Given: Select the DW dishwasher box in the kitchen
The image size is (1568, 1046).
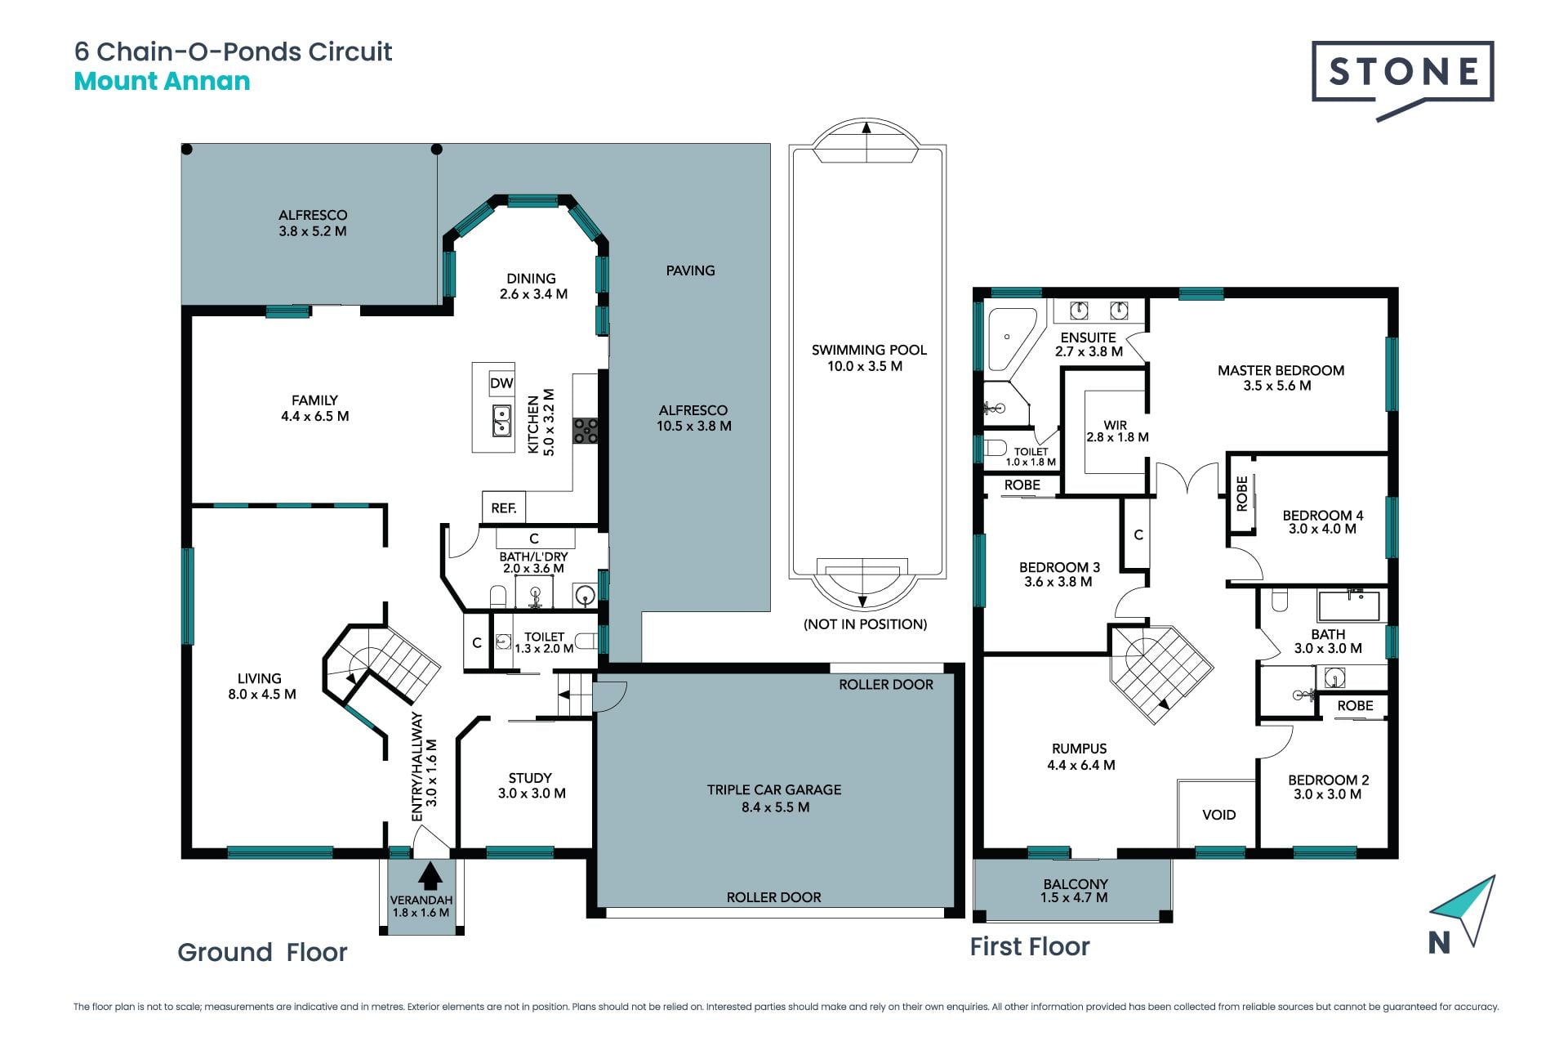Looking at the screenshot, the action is click(x=501, y=383).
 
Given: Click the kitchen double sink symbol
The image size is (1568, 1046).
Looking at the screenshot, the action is click(x=501, y=422).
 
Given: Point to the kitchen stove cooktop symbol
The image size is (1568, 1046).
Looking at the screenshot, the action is click(x=586, y=431).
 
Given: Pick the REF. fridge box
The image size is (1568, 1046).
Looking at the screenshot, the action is click(x=503, y=507).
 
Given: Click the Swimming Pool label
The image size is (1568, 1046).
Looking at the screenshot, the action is click(x=868, y=358).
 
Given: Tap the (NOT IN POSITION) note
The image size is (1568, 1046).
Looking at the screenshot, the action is click(x=865, y=624).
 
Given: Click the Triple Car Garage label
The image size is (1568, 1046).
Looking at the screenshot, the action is click(x=774, y=798).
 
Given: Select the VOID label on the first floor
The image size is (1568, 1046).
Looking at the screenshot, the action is click(x=1218, y=815).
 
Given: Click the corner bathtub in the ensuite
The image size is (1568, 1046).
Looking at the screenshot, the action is click(x=1012, y=338).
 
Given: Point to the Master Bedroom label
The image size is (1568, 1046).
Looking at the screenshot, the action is click(x=1281, y=378).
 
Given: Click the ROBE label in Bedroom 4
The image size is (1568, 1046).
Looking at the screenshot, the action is click(x=1242, y=494).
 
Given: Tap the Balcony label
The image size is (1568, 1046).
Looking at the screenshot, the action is click(x=1075, y=890).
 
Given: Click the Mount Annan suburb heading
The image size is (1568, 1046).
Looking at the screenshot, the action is click(x=162, y=82).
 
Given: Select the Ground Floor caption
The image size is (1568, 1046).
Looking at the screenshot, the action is click(x=262, y=952).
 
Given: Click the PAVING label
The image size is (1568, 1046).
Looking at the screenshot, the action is click(x=690, y=270).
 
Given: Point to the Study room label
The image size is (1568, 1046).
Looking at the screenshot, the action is click(x=531, y=785).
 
